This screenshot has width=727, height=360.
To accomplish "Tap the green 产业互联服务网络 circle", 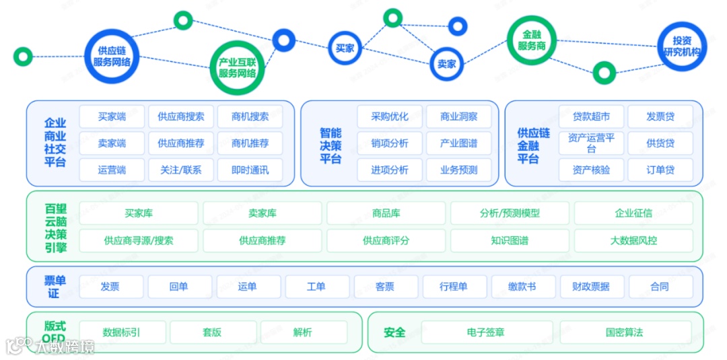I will coord(237,67).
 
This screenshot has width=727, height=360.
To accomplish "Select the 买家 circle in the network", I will coord(345,48).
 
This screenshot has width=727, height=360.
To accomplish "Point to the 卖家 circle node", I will coord(446,64).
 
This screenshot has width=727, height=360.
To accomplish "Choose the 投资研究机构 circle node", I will coord(681,46).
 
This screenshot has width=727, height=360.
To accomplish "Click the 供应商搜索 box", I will coord(181,116).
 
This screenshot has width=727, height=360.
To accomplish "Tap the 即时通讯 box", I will coord(250,170).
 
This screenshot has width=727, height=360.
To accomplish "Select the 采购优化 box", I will coord(390,116).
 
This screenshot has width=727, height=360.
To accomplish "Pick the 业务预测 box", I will coord(458,170).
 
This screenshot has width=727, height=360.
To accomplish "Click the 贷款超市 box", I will coord(591,116).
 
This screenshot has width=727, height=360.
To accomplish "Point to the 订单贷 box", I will coord(660,170).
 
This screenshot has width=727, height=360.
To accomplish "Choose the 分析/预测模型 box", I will coord(510,213).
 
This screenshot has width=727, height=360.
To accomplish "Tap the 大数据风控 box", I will coord(633,240).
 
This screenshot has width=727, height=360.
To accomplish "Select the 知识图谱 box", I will coord(510,240).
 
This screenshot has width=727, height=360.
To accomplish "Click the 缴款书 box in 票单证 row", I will coord(522,287).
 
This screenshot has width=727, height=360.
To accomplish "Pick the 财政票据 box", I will coord(591,287).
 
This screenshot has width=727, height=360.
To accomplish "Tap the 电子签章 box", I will coord(485,332).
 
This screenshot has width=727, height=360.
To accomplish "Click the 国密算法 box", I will coord(624,332).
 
